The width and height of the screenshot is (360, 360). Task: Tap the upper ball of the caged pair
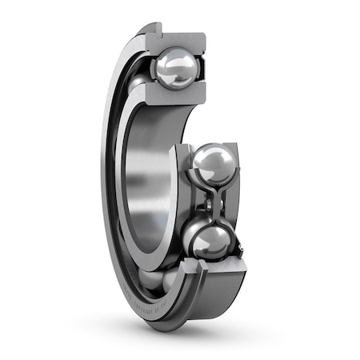pyautogui.click(x=214, y=166)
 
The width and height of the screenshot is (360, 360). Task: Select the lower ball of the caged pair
pyautogui.click(x=210, y=238)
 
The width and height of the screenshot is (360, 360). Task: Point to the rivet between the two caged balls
pyautogui.click(x=212, y=204)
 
